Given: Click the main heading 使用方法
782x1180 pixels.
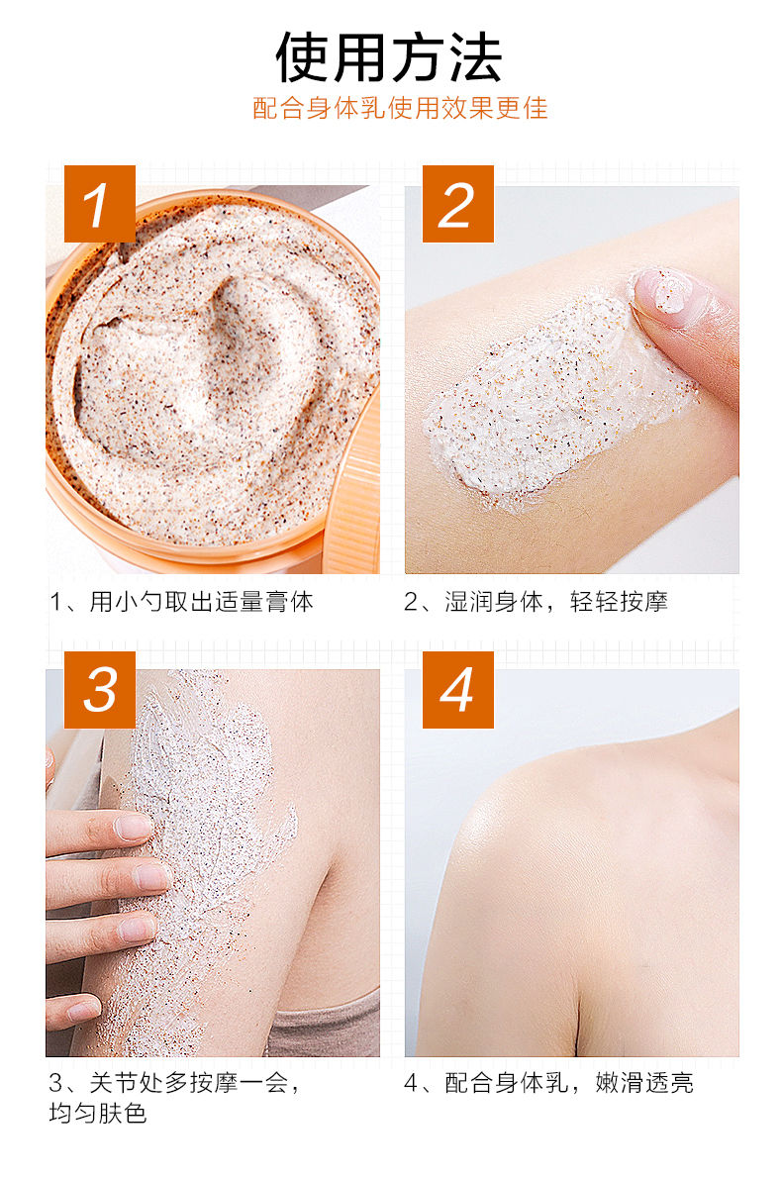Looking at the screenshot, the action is (x=388, y=57).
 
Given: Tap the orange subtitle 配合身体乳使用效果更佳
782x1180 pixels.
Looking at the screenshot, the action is (x=400, y=108).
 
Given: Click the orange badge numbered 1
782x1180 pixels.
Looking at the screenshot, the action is (x=99, y=203).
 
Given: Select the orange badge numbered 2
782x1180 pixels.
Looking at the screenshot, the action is (x=457, y=203).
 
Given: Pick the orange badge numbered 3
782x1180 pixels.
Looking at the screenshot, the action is (x=99, y=689).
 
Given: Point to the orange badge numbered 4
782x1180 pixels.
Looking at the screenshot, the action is (x=457, y=689).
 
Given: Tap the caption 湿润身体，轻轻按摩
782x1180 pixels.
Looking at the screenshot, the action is (x=555, y=602).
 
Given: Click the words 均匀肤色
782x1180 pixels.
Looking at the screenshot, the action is (x=98, y=1113).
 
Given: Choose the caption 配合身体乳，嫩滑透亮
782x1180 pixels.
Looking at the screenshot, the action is (x=568, y=1083).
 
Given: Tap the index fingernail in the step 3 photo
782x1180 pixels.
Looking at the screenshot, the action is (x=134, y=828).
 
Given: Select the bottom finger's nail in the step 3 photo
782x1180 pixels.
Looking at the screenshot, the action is (x=83, y=1010).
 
